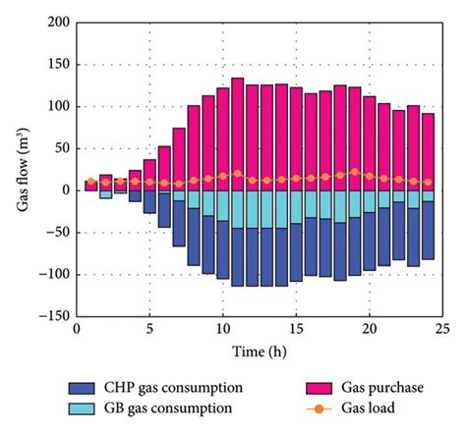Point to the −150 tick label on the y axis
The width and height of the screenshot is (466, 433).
pyautogui.click(x=57, y=316)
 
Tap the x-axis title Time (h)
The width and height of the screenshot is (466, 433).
pyautogui.click(x=260, y=352)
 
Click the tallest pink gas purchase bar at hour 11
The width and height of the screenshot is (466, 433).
pyautogui.click(x=237, y=134)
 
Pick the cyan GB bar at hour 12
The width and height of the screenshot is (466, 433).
pyautogui.click(x=252, y=209)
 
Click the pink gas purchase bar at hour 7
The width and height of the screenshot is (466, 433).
pyautogui.click(x=179, y=158)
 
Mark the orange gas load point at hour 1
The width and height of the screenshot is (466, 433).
pyautogui.click(x=90, y=182)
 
